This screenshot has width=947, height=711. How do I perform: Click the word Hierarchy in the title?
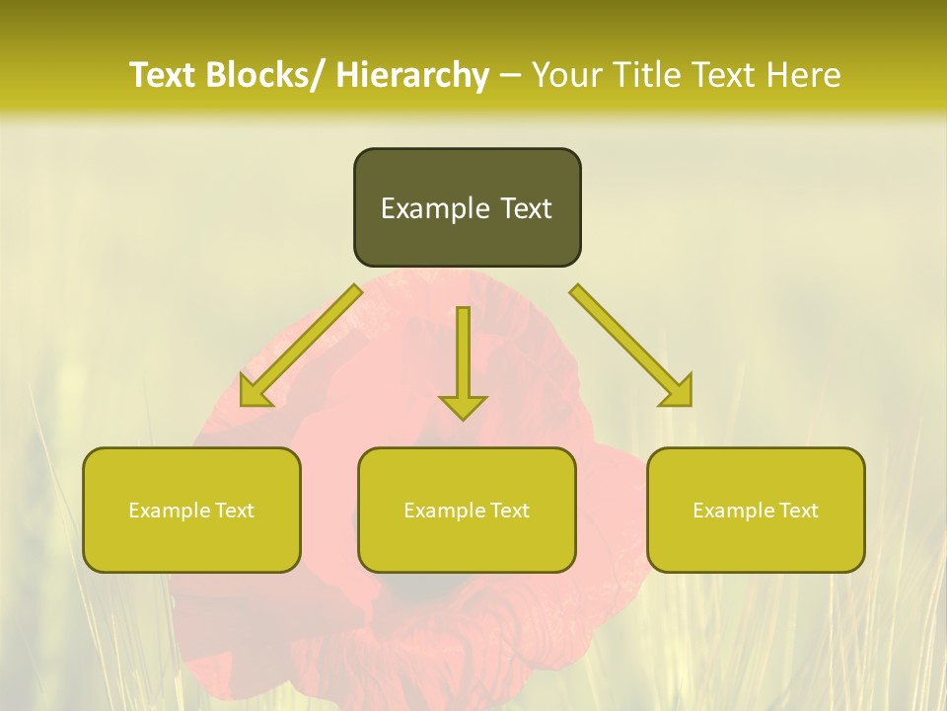click(x=412, y=76)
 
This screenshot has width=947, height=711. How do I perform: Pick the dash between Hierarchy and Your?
click(x=510, y=76)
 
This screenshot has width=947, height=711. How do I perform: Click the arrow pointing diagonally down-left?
click(x=301, y=346)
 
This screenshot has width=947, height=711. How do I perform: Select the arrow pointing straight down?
click(x=463, y=360)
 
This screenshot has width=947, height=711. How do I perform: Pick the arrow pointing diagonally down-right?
click(x=631, y=346)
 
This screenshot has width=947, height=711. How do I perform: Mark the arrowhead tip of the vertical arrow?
click(x=463, y=418)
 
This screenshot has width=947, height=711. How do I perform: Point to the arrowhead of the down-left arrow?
click(x=252, y=395)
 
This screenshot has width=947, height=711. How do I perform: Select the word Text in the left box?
click(x=233, y=511)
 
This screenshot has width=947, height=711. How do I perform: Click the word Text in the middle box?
click(x=508, y=511)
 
